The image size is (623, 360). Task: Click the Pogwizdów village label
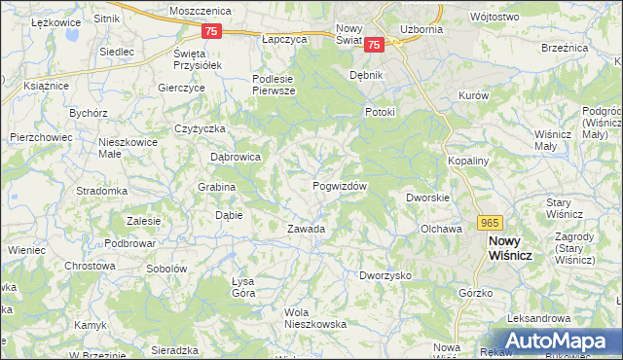point(340,186)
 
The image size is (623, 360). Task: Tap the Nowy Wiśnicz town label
point(516,247)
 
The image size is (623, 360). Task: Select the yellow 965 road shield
point(490,223)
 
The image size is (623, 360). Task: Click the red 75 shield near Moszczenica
point(213,31)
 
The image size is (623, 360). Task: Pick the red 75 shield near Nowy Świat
point(376,44)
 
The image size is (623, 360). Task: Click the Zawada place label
point(305,229)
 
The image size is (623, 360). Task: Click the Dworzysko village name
point(385,275)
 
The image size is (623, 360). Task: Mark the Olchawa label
point(440,229)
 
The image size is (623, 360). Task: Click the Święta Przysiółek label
point(199,58)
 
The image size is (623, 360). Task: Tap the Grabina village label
point(217,187)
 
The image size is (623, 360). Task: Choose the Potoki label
point(380,112)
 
